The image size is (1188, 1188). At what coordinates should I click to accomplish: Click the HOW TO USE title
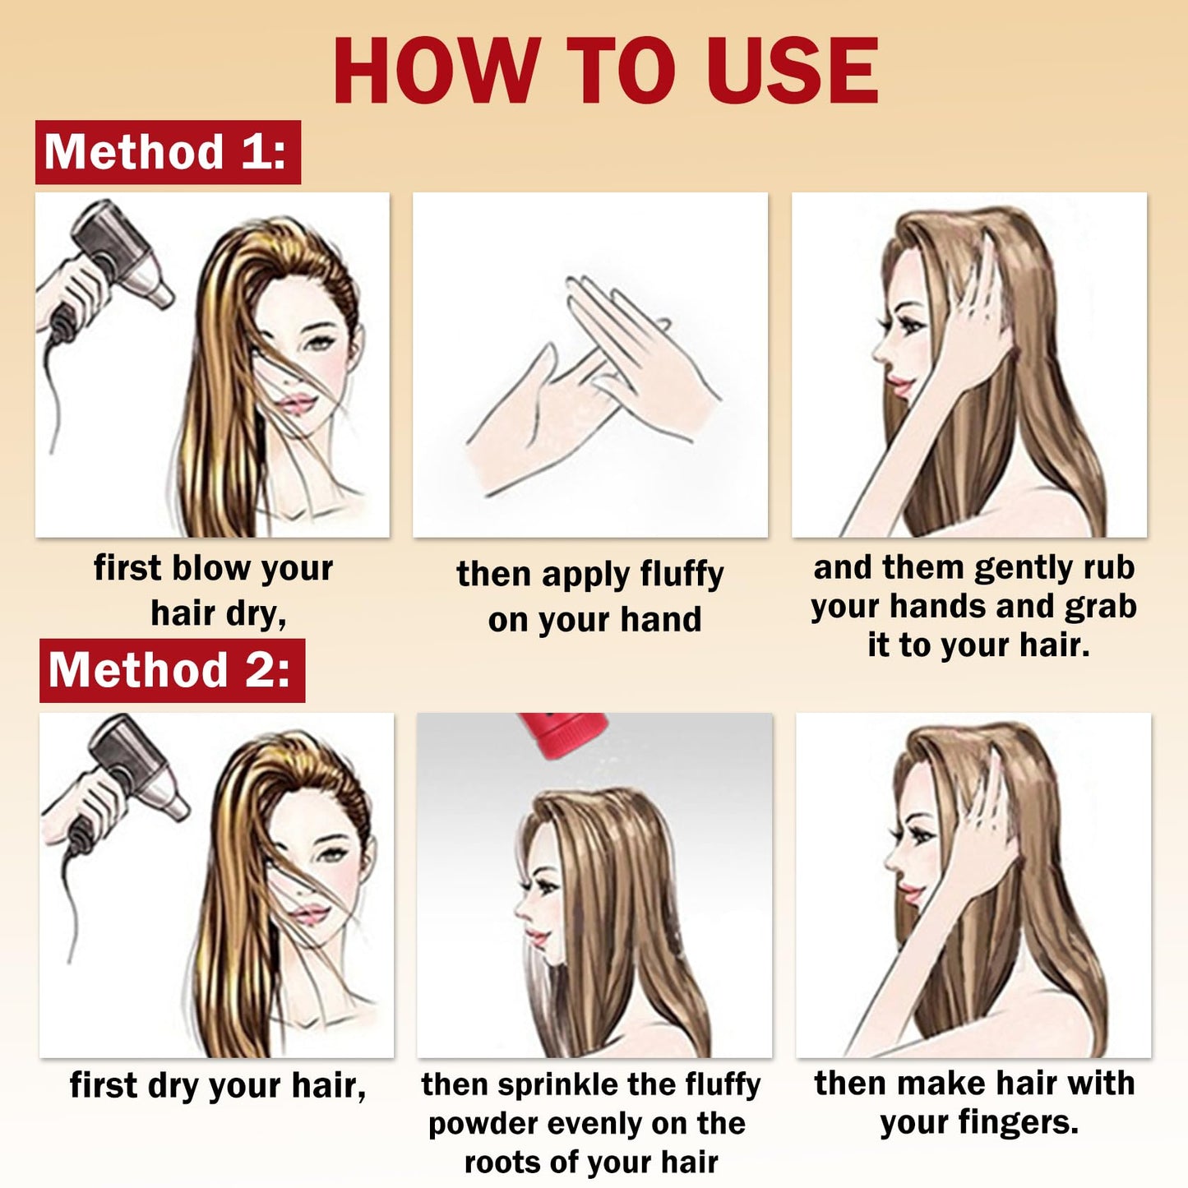[606, 71]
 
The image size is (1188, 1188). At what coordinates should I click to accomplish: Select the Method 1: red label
[168, 152]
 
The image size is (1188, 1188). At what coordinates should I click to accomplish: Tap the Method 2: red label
[172, 671]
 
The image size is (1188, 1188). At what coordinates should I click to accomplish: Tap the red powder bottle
[562, 735]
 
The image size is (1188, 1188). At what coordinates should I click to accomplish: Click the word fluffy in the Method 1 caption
[682, 576]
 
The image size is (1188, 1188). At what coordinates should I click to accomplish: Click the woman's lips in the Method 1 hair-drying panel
[297, 404]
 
